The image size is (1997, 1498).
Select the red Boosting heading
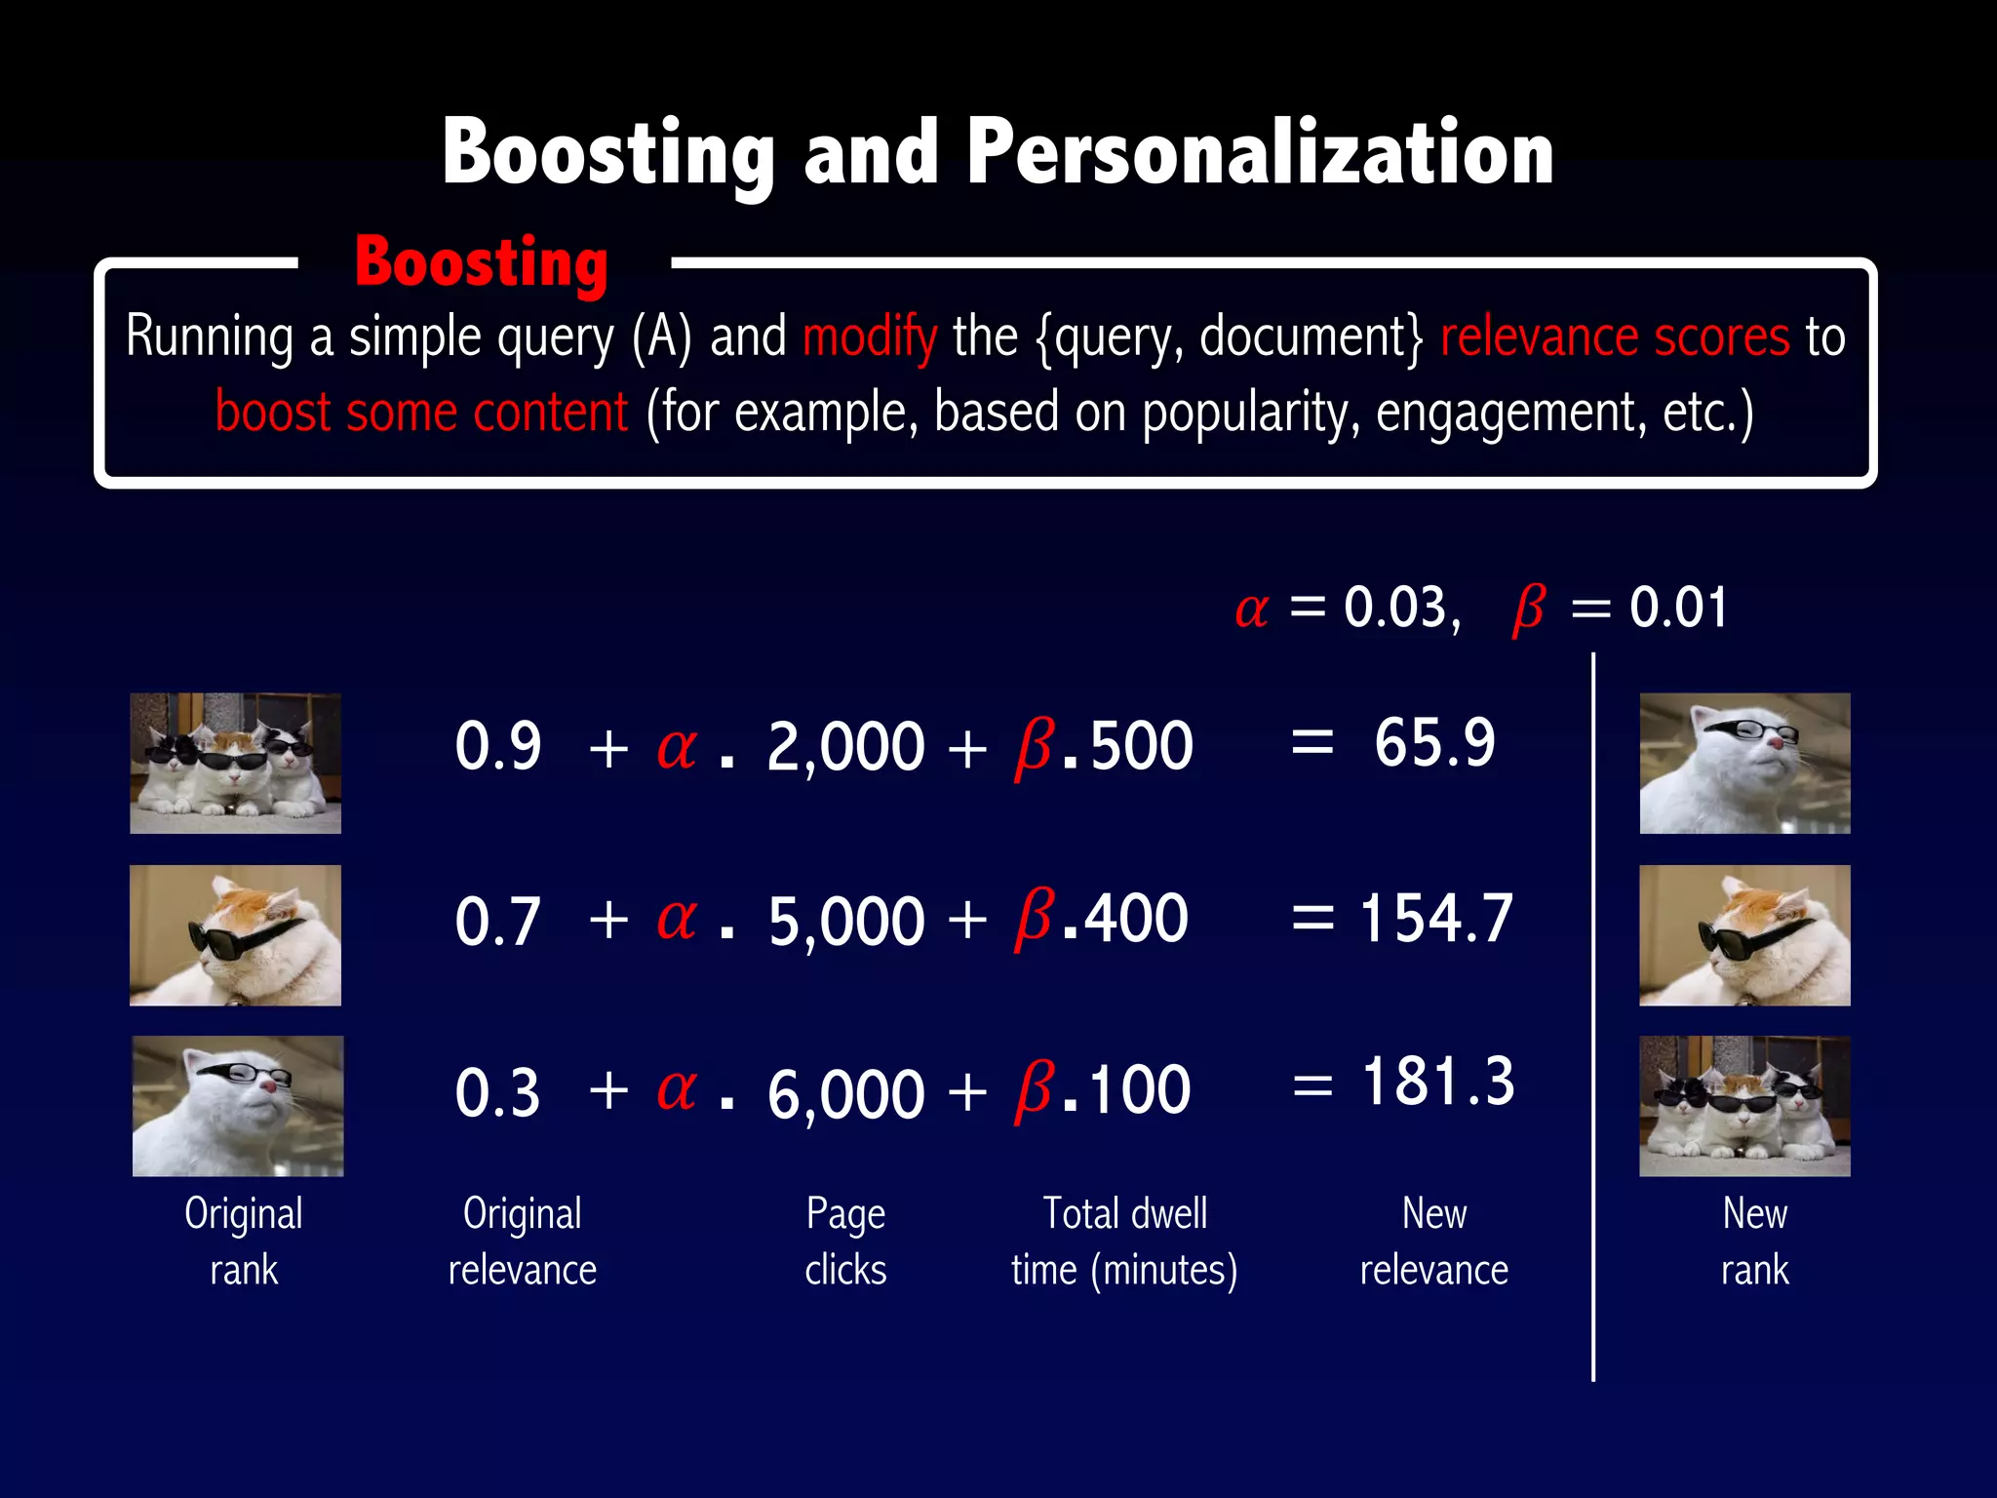point(482,263)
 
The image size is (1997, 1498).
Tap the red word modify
point(870,337)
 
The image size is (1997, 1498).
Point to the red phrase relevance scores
point(1615,337)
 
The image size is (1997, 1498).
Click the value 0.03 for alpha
point(1400,608)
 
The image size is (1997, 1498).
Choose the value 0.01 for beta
point(1679,608)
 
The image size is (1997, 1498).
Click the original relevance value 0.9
point(498,746)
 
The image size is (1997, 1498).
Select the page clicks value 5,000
point(845,920)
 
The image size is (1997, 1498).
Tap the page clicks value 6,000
point(845,1092)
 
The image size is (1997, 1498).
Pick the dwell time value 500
point(1141,746)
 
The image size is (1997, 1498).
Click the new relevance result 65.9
point(1434,743)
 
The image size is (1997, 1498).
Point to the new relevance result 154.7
point(1435,918)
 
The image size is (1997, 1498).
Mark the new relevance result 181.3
point(1438,1082)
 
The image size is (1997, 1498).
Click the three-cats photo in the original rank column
point(236,764)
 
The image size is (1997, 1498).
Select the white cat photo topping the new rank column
point(1744,764)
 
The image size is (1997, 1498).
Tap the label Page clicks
point(845,1242)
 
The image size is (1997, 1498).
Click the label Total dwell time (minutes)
point(1124,1242)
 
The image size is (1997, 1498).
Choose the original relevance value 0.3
point(497,1092)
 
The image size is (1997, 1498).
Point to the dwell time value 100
point(1139,1090)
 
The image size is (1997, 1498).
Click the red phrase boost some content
point(421,413)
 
